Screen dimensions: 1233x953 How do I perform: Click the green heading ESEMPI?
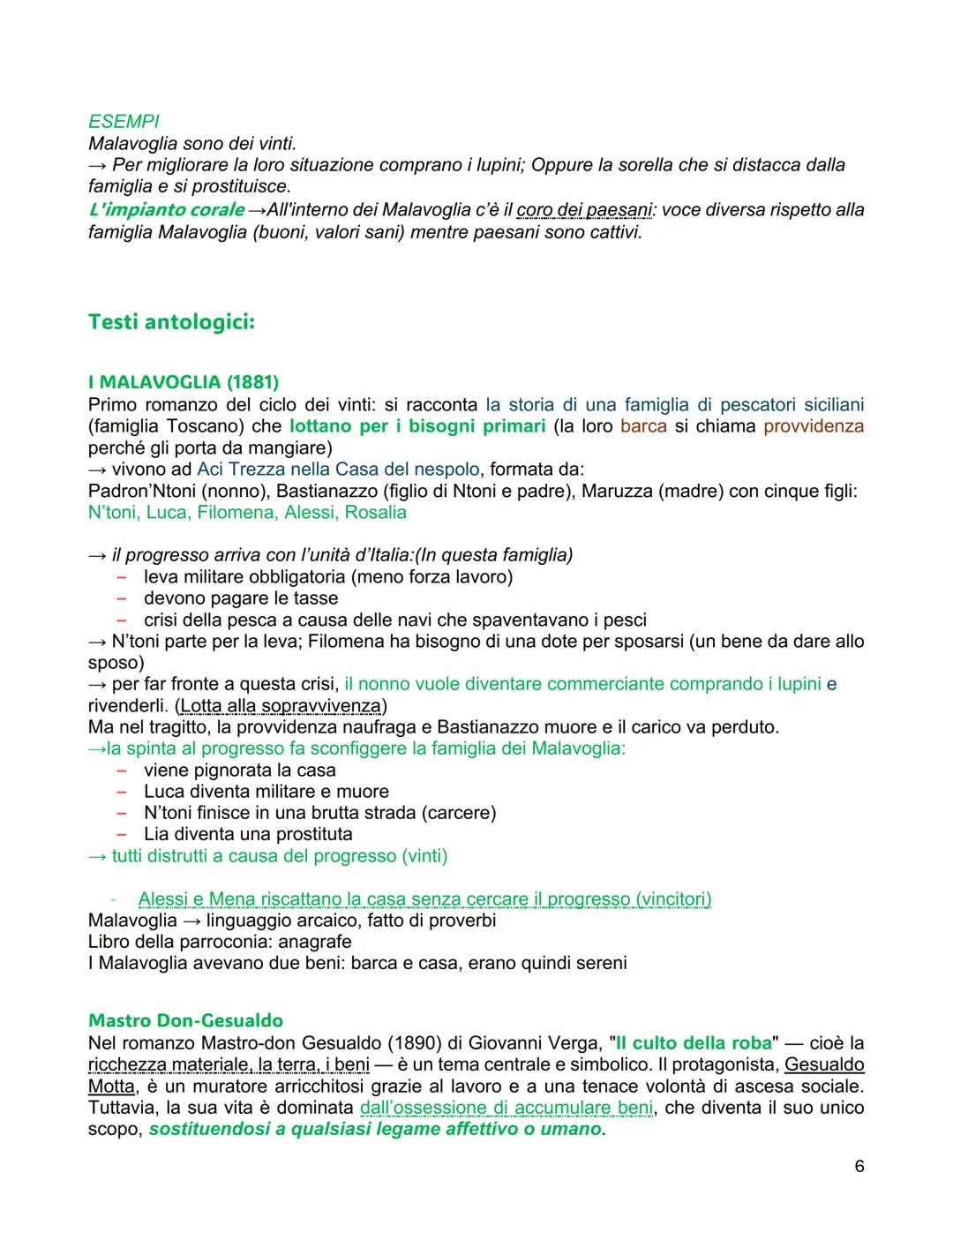124,122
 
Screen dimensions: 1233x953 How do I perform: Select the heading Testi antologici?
171,322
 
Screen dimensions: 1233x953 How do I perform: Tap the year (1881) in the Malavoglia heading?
252,382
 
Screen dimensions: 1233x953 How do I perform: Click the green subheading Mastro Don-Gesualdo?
185,1021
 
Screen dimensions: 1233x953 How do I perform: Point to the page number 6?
859,1167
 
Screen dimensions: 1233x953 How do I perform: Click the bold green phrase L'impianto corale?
166,210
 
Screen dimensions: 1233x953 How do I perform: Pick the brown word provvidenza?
813,426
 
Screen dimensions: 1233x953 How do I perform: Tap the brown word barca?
643,426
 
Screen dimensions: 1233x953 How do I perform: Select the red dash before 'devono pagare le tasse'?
121,598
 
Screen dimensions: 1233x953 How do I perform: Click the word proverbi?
454,921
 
